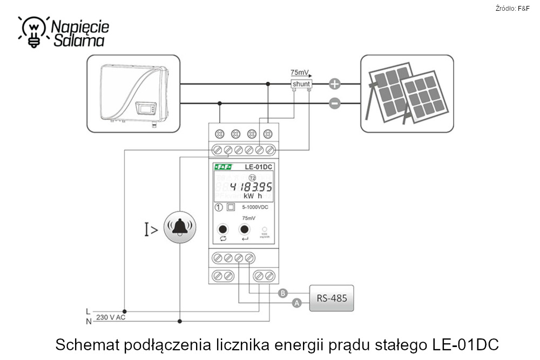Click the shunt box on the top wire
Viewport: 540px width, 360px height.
pyautogui.click(x=301, y=84)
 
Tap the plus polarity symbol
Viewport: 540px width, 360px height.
pyautogui.click(x=335, y=84)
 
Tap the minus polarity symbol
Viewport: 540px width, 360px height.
pyautogui.click(x=335, y=103)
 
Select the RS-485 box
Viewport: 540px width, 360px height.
pyautogui.click(x=331, y=298)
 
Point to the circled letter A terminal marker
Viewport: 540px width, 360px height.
pyautogui.click(x=296, y=304)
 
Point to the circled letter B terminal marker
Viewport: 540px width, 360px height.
pyautogui.click(x=283, y=294)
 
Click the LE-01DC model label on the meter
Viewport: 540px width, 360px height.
pyautogui.click(x=257, y=168)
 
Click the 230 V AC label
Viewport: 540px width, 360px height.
pyautogui.click(x=110, y=317)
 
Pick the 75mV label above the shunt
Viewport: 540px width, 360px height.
pyautogui.click(x=300, y=72)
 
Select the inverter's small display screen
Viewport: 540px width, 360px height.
pyautogui.click(x=145, y=108)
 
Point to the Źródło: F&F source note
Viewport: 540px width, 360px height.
pyautogui.click(x=512, y=8)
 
